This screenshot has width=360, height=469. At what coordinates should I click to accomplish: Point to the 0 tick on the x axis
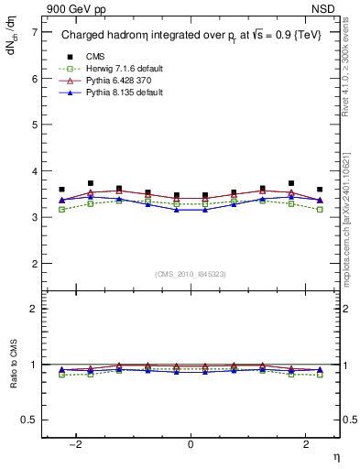coord(191,444)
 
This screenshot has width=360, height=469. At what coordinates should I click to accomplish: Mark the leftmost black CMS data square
coord(61,190)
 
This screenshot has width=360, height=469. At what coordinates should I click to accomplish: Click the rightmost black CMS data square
coord(320,190)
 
